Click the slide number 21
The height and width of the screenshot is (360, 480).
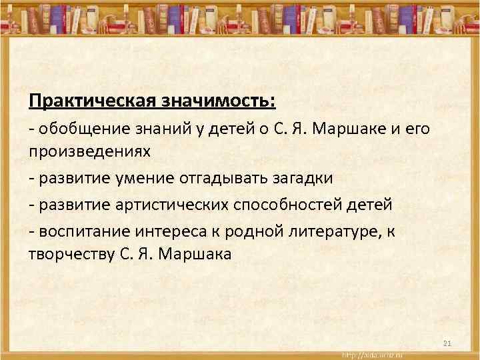coord(447,343)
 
